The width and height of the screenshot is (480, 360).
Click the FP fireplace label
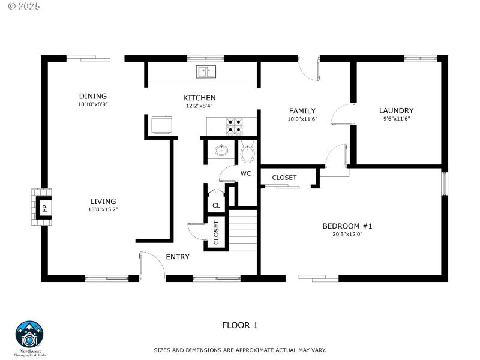(x=44, y=208)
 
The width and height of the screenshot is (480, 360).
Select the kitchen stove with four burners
(x=235, y=125)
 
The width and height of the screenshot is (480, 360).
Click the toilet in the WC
(x=247, y=154)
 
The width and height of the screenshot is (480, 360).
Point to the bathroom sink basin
(x=221, y=150)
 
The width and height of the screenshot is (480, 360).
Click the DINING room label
(x=92, y=96)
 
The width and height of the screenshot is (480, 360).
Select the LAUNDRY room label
(x=396, y=110)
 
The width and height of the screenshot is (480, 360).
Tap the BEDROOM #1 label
(x=347, y=226)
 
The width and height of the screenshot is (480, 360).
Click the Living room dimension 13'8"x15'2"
(x=103, y=209)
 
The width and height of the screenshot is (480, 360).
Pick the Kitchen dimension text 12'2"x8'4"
(x=199, y=106)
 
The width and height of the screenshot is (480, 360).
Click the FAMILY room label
(x=302, y=111)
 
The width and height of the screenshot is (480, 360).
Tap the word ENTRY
(x=178, y=257)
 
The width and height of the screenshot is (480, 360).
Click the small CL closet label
(x=216, y=205)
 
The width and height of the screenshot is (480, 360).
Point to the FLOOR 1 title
(x=239, y=325)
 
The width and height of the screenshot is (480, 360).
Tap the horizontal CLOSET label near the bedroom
(x=284, y=178)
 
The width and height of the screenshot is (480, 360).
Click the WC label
(x=245, y=173)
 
